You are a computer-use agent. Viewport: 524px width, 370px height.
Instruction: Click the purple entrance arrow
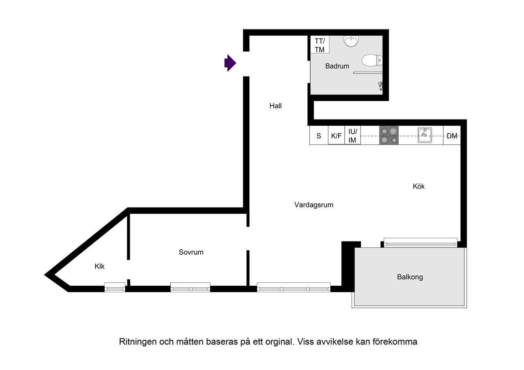pos(230,63)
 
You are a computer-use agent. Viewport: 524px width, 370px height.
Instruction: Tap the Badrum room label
pos(337,66)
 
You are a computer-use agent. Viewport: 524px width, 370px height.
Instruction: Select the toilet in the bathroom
pos(372,61)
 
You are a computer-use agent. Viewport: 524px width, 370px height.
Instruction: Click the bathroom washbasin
pos(351,41)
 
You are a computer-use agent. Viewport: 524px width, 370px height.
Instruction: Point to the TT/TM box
pos(319,45)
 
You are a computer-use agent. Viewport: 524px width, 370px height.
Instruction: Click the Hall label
pos(276,106)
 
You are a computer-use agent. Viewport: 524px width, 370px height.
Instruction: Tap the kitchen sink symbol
pos(425,135)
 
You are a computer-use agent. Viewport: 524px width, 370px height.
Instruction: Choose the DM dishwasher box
pos(452,136)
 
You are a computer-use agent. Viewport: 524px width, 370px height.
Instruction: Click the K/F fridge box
pos(336,136)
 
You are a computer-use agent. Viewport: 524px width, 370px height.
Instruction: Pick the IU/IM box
pos(352,136)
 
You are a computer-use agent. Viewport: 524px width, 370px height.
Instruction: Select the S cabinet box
pos(318,136)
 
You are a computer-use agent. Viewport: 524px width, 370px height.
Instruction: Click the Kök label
pos(419,186)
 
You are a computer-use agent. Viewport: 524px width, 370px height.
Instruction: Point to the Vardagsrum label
pos(314,205)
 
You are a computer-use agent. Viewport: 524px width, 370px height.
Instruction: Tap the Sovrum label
pos(191,252)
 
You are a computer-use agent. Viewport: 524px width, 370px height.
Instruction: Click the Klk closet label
pos(99,266)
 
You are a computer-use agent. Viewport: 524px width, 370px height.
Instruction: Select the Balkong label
pos(410,277)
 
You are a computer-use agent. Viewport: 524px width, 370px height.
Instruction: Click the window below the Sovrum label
pos(190,287)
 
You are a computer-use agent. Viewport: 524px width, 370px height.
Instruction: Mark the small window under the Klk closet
pos(115,287)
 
